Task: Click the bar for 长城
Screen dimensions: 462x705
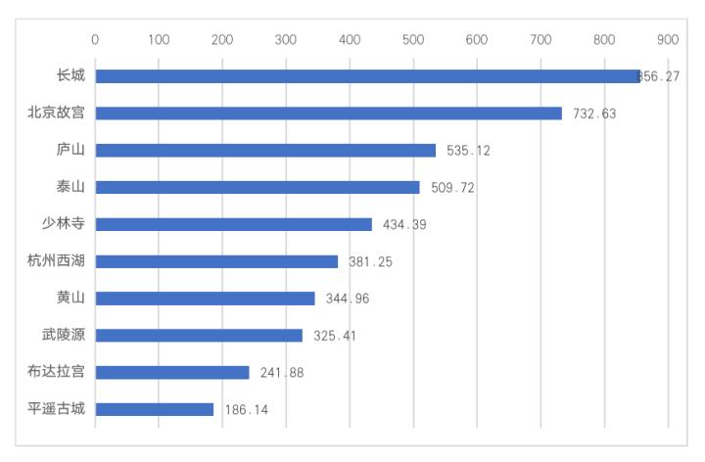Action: tap(367, 76)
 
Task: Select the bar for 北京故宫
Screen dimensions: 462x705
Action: tap(328, 114)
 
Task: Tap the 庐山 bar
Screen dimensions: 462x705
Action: tap(265, 151)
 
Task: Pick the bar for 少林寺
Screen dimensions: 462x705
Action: tap(233, 224)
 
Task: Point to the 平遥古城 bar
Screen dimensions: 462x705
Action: tap(154, 409)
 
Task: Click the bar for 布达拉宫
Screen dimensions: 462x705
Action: tap(172, 372)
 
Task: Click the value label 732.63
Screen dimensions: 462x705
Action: tap(594, 114)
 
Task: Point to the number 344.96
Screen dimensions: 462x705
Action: tap(348, 299)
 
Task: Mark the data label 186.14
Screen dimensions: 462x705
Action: tap(247, 409)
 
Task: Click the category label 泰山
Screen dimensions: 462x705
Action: tap(70, 187)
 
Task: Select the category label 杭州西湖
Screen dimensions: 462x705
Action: tap(57, 261)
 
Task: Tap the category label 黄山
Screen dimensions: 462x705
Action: tap(70, 299)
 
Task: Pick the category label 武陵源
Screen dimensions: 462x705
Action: tap(64, 336)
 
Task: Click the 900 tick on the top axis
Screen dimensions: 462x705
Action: tap(668, 39)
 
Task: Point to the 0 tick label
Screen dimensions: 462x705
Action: tap(95, 39)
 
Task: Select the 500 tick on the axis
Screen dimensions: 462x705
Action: tap(413, 39)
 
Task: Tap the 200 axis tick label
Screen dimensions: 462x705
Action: tap(222, 39)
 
